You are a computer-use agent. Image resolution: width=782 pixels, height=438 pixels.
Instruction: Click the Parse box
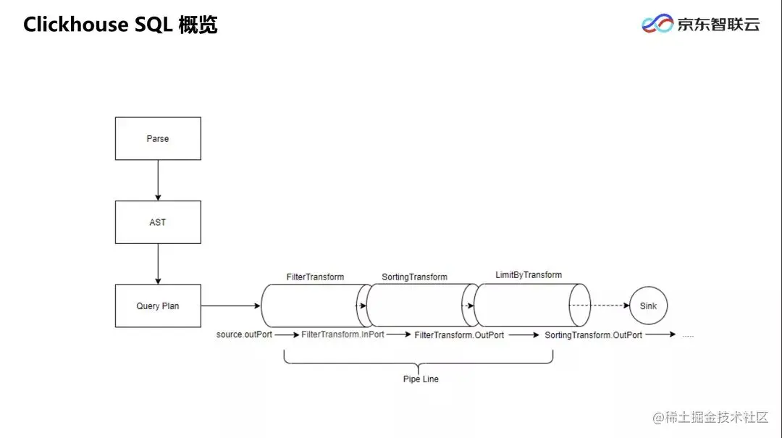click(x=158, y=138)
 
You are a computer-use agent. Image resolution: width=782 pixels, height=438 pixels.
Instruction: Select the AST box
click(x=158, y=222)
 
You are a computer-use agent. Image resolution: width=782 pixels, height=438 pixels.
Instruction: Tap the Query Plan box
click(x=158, y=306)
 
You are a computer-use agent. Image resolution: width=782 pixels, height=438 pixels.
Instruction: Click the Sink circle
click(x=648, y=306)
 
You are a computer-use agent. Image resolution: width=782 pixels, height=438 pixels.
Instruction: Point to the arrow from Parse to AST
click(x=158, y=180)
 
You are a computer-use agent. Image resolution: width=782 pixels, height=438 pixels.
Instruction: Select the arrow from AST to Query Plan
click(x=158, y=264)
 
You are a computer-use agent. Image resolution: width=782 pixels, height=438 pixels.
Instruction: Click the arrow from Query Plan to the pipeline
click(x=230, y=306)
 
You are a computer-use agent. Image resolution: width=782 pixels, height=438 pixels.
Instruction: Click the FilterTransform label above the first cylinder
click(x=315, y=277)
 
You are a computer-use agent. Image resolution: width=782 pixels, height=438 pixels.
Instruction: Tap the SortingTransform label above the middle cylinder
click(x=414, y=277)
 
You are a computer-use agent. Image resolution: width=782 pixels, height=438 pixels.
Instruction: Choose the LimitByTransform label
click(x=529, y=275)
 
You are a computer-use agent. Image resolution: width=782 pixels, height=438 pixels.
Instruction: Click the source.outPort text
click(x=244, y=335)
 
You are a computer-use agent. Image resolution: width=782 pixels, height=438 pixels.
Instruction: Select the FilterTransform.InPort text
click(x=342, y=335)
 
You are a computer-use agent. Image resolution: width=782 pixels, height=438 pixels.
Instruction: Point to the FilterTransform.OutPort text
click(x=459, y=335)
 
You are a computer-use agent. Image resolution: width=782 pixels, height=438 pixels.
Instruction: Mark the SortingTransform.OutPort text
click(x=593, y=335)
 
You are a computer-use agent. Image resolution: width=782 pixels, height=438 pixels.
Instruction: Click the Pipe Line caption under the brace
click(x=421, y=379)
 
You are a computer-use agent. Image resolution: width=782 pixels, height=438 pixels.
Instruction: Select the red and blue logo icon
click(x=657, y=24)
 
